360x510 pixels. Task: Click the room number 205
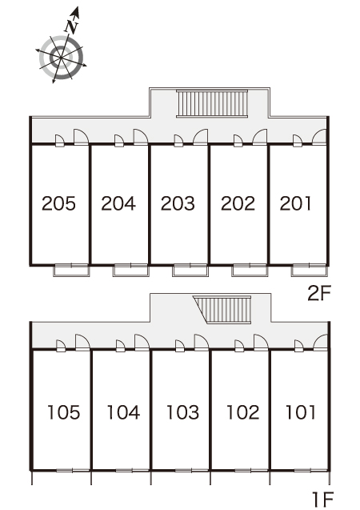point(58,203)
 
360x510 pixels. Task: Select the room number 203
point(178,203)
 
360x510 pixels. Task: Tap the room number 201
point(295,203)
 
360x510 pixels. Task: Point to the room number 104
point(123,412)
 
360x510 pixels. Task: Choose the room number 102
point(242,412)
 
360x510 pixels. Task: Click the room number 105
point(64,412)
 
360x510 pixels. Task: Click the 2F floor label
point(319,294)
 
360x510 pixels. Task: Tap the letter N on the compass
point(71,27)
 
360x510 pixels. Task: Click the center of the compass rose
point(61,58)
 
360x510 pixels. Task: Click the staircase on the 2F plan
point(212,103)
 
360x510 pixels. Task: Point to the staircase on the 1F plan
point(224,310)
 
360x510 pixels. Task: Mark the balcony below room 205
point(71,271)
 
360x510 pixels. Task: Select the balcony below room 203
point(190,271)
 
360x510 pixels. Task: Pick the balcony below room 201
point(309,271)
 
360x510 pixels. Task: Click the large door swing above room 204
point(140,137)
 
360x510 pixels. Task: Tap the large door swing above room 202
point(259,137)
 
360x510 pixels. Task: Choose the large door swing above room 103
point(201,342)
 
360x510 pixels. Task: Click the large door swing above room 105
point(82,342)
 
